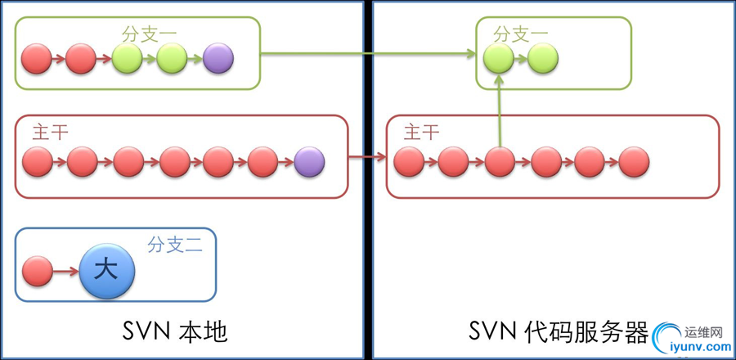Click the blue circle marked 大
tap(106, 270)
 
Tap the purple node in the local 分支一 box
tap(218, 57)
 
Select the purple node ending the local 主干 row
tap(309, 162)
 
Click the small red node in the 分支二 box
tap(37, 270)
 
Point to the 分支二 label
tap(173, 244)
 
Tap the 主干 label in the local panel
tap(50, 133)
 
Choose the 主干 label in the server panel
tap(422, 133)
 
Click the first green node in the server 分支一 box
tap(498, 57)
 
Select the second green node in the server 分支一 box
tap(543, 57)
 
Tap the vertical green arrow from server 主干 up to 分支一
tap(499, 110)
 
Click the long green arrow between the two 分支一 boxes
tap(368, 55)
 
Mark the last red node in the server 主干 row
tap(634, 162)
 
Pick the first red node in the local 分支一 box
tap(36, 57)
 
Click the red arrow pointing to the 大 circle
tap(65, 269)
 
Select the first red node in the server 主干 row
tap(409, 162)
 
